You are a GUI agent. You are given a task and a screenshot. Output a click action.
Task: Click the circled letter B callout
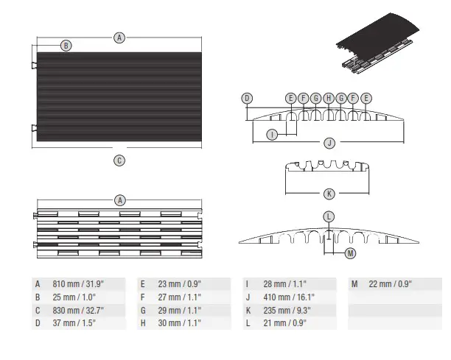pyautogui.click(x=66, y=46)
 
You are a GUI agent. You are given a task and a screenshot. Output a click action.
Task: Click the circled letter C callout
pyautogui.click(x=119, y=160)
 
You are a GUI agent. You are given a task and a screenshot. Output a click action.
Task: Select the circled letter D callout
pyautogui.click(x=248, y=98)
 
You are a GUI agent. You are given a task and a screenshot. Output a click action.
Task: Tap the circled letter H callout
pyautogui.click(x=328, y=98)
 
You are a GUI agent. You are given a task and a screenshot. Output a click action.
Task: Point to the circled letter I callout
pyautogui.click(x=272, y=134)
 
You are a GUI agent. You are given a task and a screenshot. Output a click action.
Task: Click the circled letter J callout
pyautogui.click(x=329, y=143)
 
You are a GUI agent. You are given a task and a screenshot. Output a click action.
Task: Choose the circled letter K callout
pyautogui.click(x=329, y=194)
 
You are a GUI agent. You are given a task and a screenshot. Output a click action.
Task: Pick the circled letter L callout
pyautogui.click(x=329, y=216)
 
